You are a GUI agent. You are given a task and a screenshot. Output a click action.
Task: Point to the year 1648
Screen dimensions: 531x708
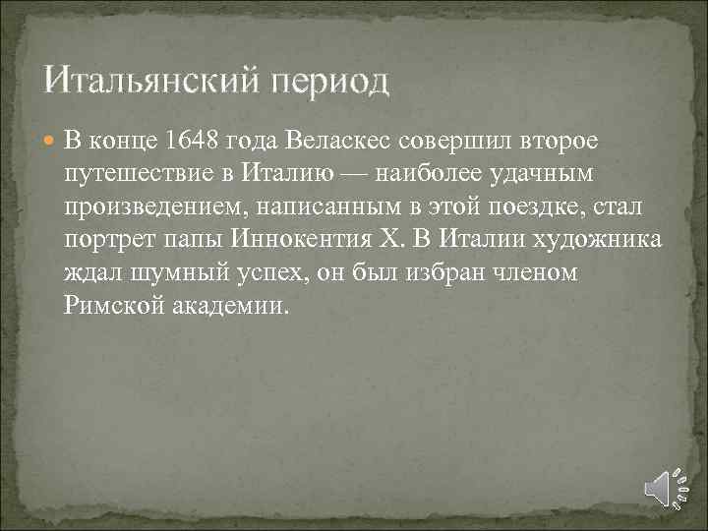click(x=195, y=139)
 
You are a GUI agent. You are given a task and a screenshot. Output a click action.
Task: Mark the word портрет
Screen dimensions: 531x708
click(x=106, y=239)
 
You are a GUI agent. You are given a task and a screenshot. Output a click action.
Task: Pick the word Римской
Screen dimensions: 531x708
click(x=110, y=306)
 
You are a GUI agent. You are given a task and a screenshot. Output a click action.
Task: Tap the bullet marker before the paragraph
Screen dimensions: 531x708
click(x=50, y=141)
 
